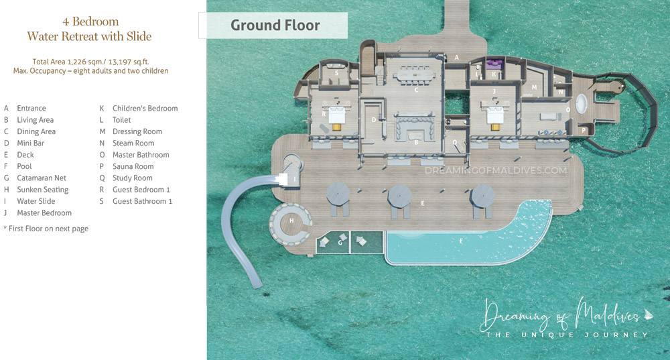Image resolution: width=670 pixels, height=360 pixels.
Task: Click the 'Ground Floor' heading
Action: point(275,25)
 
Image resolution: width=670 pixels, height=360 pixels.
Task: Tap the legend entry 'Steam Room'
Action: point(133,143)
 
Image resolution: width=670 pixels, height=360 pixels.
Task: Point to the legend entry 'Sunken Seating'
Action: point(43,190)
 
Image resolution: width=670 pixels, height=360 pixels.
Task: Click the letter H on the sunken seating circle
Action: point(291,221)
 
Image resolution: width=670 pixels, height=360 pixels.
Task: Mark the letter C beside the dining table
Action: point(416,90)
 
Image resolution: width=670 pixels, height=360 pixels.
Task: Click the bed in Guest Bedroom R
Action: point(335,117)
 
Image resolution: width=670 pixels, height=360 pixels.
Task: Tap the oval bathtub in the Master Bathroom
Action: point(582,105)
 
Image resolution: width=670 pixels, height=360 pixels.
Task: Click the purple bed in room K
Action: point(494,65)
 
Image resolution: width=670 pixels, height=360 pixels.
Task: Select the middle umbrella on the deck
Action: point(400,196)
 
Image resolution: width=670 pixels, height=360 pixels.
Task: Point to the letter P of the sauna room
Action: point(584,130)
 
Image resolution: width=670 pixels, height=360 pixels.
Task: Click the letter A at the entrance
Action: point(456,58)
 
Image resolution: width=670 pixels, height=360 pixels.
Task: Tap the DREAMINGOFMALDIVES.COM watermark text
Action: point(496,171)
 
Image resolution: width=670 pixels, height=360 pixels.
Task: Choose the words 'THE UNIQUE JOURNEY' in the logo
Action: point(567,335)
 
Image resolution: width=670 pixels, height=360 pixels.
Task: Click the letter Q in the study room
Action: point(454,141)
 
